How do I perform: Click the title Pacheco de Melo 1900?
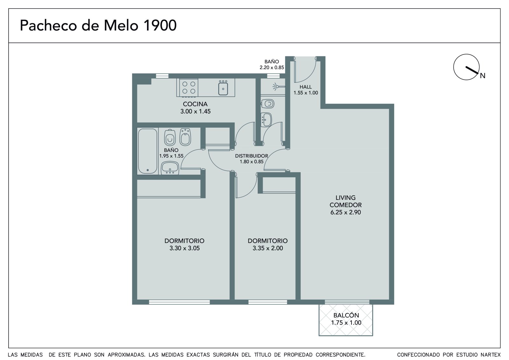tap(98, 25)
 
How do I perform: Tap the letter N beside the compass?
tap(482, 76)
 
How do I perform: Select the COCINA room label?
tap(195, 104)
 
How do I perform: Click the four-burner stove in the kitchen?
tap(189, 88)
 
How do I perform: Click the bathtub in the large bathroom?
tap(148, 151)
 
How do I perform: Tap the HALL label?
tap(306, 87)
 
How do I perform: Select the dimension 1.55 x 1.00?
tap(306, 93)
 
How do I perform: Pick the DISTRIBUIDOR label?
tap(252, 156)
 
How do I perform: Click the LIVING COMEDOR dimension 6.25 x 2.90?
tap(345, 212)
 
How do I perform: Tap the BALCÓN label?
tap(346, 315)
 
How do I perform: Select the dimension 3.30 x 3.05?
tap(185, 248)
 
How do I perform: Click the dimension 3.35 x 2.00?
tap(268, 248)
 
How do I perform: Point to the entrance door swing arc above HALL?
tap(309, 76)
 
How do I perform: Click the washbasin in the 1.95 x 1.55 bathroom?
tap(170, 168)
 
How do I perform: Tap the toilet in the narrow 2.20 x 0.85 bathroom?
tap(268, 104)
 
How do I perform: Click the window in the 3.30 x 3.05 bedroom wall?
tap(179, 302)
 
